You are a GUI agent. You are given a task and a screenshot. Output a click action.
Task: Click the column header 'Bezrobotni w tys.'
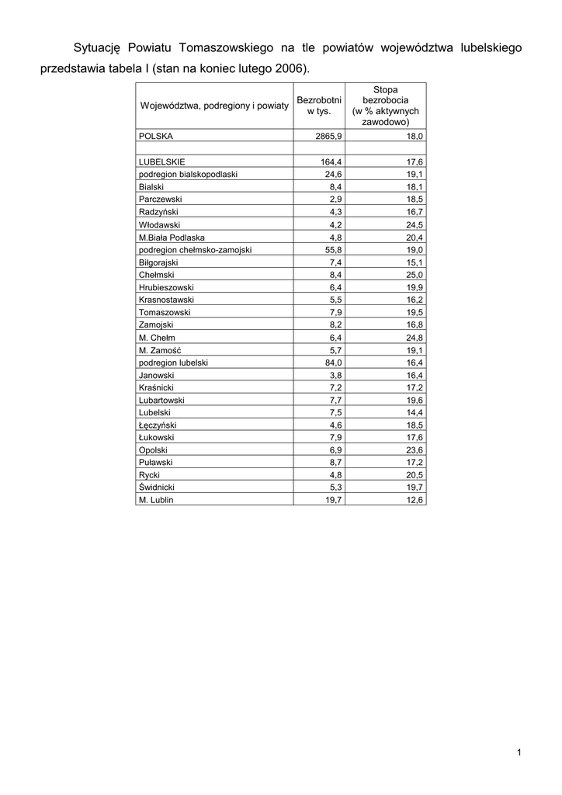(x=319, y=106)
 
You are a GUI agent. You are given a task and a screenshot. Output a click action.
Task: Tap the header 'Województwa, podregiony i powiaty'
(x=213, y=106)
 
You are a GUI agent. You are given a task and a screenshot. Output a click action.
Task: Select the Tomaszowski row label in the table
(x=164, y=312)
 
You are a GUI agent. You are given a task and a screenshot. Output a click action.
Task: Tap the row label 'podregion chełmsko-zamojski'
(x=195, y=250)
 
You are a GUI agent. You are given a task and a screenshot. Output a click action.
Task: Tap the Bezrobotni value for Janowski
(x=336, y=375)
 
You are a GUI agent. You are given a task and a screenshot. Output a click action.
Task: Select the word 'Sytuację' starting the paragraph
(x=99, y=48)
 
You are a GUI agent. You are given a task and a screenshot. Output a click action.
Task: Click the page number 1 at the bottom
(x=518, y=752)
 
